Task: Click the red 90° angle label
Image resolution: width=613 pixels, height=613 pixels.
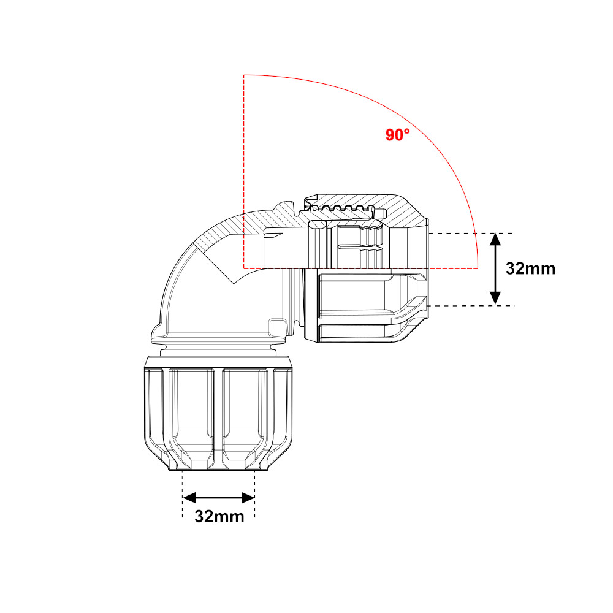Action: (x=397, y=135)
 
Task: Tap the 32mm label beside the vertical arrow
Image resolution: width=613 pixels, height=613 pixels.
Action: (x=530, y=268)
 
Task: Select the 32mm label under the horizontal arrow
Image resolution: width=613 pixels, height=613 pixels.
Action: (x=219, y=516)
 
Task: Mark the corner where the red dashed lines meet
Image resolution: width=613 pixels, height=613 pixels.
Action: (x=244, y=268)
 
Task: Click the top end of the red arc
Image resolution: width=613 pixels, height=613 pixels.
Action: (x=245, y=75)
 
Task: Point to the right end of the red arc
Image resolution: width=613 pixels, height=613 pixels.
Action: (x=478, y=267)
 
